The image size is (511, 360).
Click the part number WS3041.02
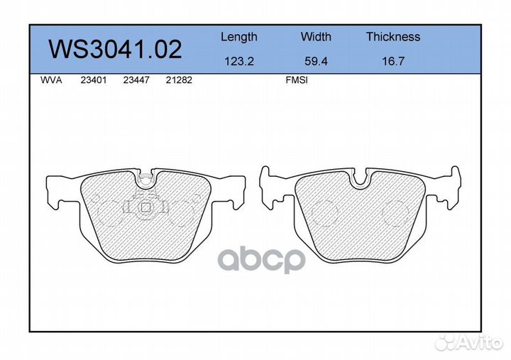point(116,49)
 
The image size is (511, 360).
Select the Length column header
point(239,37)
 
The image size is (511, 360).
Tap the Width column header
point(316,36)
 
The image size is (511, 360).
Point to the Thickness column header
point(393,36)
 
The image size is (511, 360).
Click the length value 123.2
point(239,61)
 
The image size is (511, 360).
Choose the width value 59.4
point(316,61)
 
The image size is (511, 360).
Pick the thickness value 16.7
point(393,61)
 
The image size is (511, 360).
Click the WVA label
point(51,80)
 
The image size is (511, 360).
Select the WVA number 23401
point(94,80)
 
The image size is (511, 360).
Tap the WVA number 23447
point(136,80)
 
